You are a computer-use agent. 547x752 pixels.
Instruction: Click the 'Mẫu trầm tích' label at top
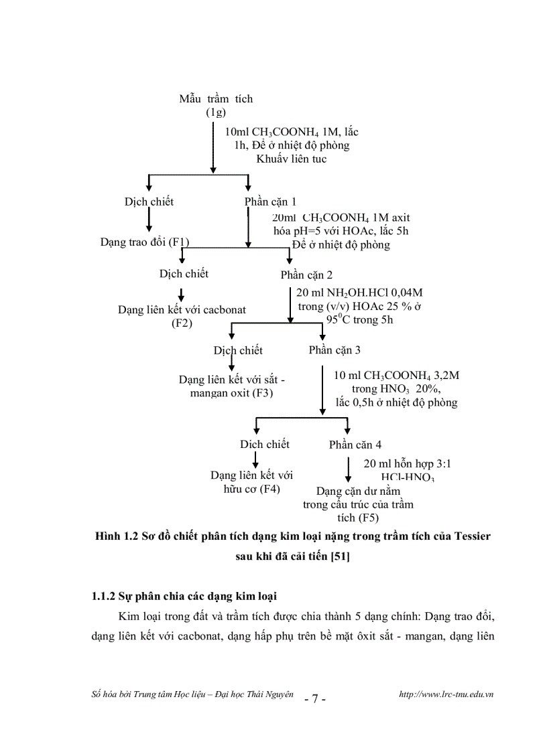coord(216,98)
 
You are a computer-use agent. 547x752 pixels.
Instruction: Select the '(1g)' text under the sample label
coord(216,112)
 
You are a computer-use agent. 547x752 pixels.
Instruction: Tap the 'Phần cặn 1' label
coord(271,202)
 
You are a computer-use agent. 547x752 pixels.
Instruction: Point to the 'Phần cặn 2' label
coord(306,275)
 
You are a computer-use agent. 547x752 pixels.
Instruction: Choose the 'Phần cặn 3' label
coord(335,350)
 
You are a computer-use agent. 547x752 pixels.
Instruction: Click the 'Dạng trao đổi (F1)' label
coord(145,241)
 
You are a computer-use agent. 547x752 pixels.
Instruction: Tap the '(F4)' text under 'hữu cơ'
coord(270,489)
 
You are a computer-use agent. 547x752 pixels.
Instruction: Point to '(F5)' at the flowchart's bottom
coord(359,518)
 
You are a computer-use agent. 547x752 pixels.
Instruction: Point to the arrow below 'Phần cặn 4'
coord(348,468)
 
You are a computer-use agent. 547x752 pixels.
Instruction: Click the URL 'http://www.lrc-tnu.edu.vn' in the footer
coord(446,695)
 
